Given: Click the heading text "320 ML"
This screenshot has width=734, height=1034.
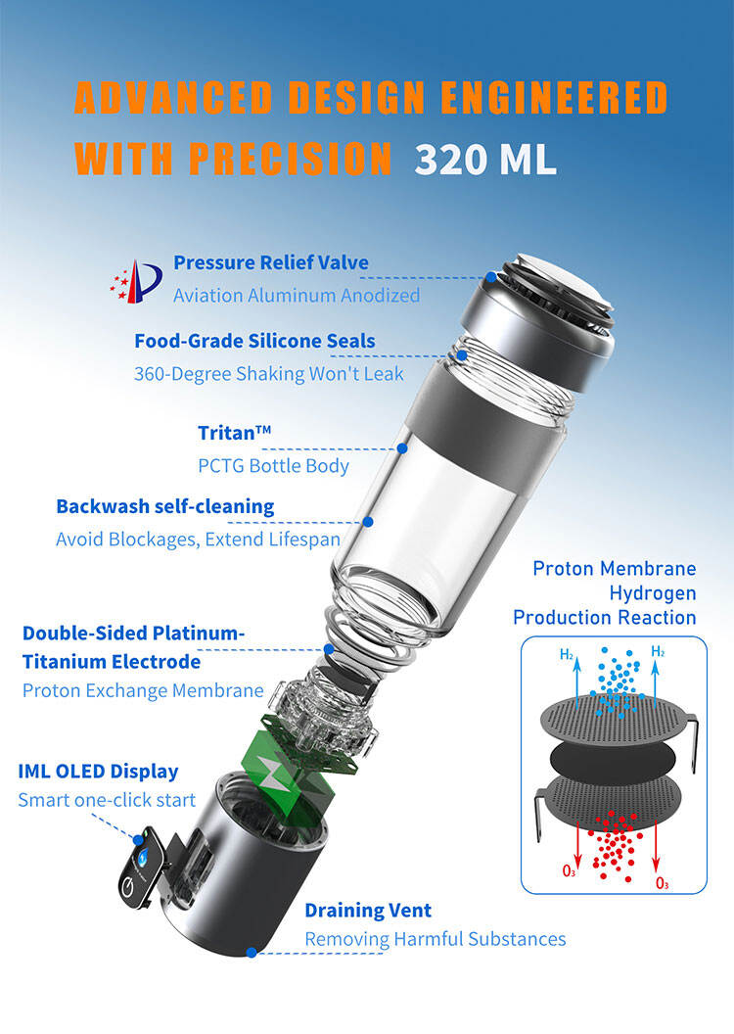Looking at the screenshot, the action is click(x=485, y=159).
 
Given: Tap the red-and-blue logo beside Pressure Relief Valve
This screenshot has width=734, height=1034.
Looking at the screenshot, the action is click(x=136, y=281).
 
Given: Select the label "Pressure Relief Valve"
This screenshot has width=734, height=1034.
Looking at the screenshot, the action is click(x=271, y=262).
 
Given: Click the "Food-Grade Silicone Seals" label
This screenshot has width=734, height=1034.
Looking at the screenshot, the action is click(x=255, y=341).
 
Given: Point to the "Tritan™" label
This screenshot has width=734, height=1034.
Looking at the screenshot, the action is click(x=235, y=433).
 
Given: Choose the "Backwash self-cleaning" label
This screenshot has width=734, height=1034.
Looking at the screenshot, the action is click(x=165, y=506).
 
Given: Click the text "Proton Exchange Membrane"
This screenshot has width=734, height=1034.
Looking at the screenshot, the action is click(x=143, y=690).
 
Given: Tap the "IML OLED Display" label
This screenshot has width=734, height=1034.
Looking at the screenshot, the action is click(x=98, y=771).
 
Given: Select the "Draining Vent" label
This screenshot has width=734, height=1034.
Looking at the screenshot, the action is click(x=368, y=911).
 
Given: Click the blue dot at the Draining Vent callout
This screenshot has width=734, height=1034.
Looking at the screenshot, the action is click(x=252, y=952).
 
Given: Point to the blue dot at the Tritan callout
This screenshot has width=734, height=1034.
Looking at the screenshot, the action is click(x=402, y=447).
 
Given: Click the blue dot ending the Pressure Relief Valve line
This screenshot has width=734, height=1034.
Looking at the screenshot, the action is click(x=491, y=277).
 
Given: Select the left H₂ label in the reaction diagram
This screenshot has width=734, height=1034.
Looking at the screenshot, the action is click(x=567, y=654).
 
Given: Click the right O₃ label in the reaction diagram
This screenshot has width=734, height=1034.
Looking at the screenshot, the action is click(x=663, y=883).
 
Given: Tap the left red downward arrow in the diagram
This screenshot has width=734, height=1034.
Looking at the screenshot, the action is click(x=577, y=845).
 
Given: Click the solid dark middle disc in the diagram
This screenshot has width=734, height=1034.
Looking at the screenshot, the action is click(x=613, y=758).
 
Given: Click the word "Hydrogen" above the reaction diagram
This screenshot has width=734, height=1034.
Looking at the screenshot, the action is click(x=653, y=593).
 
